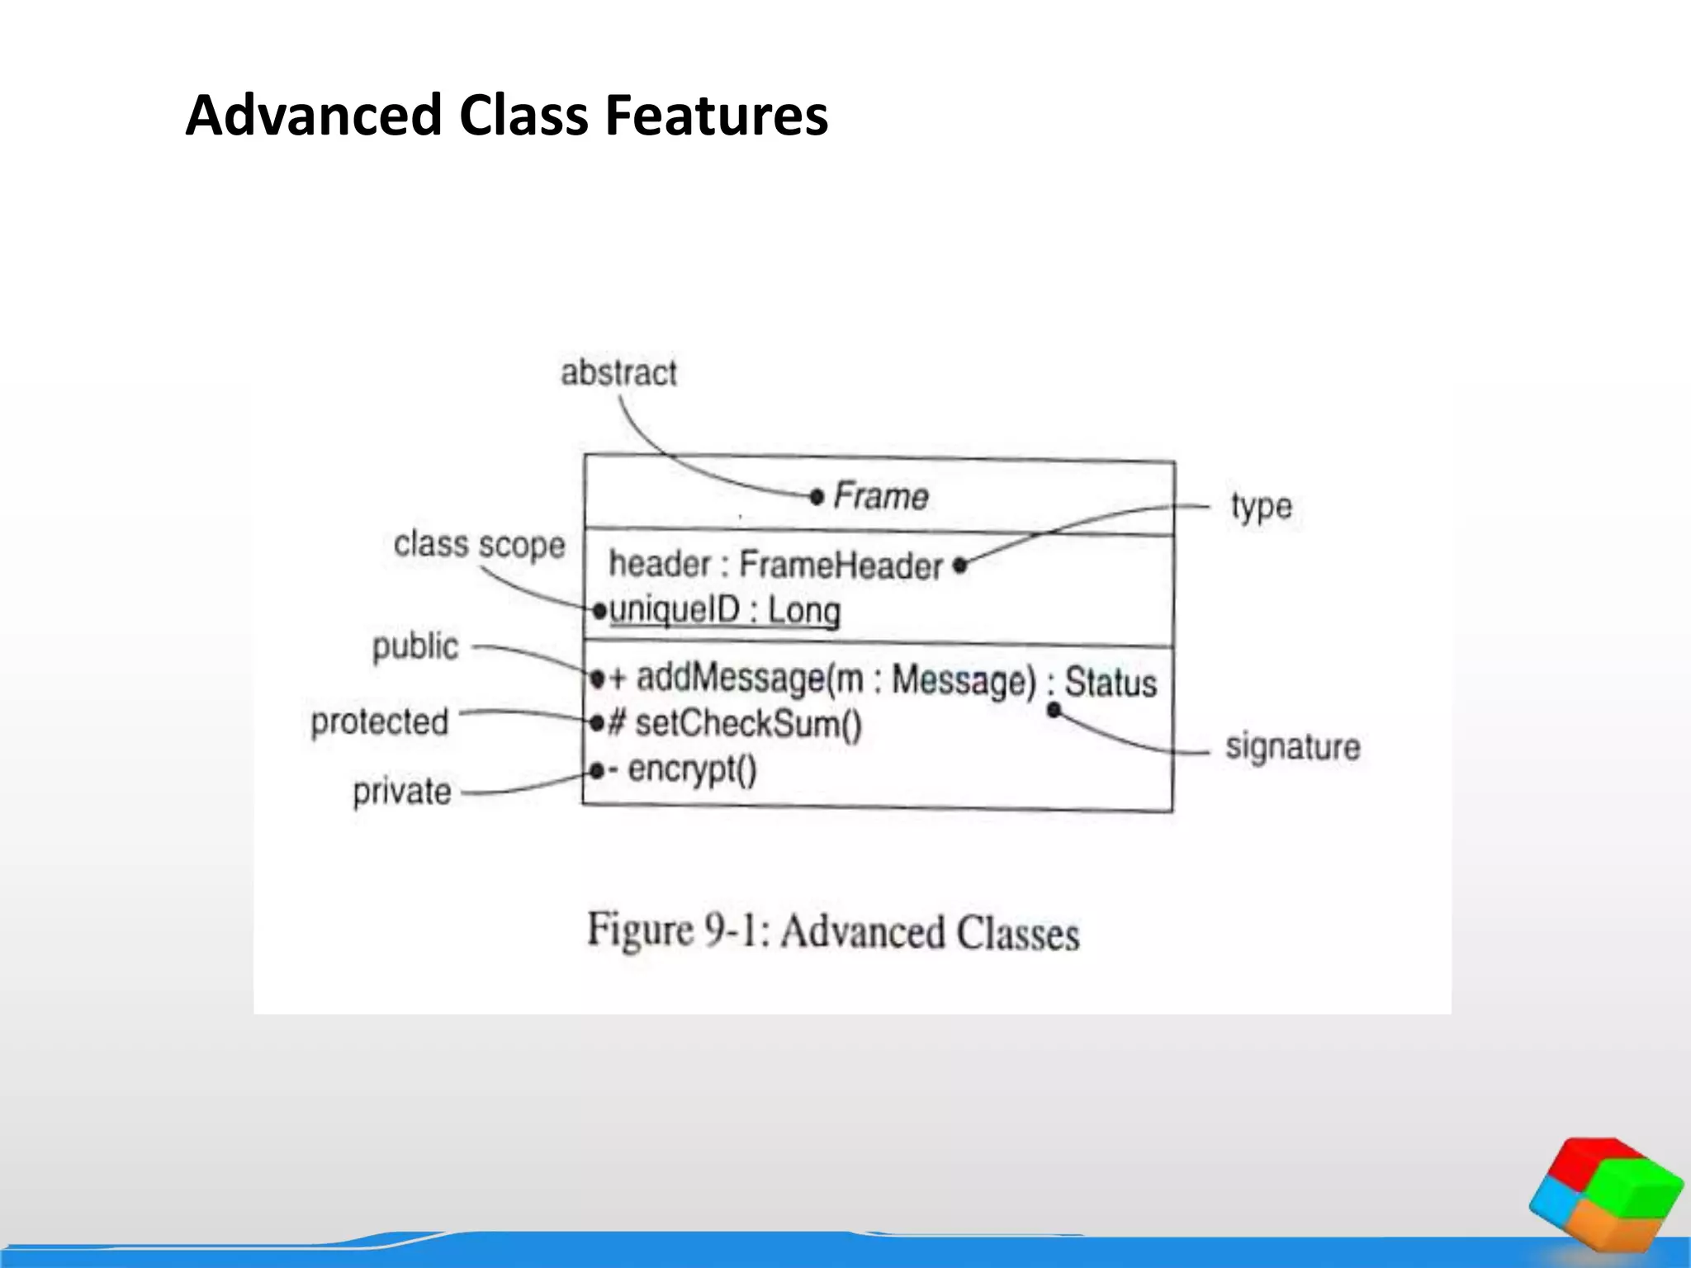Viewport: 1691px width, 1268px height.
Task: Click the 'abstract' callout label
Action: point(618,373)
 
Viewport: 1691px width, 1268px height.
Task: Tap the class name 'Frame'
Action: point(881,496)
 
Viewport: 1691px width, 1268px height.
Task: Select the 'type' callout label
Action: point(1261,507)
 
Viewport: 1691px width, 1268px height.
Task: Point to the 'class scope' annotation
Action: point(479,545)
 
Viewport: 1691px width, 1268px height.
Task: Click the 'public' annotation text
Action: point(415,646)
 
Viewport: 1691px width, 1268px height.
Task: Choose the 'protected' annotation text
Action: point(380,722)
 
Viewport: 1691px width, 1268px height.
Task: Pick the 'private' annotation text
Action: point(402,792)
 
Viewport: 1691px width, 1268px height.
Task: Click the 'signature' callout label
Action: point(1292,747)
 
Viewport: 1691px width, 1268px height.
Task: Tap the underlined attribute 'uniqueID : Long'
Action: point(725,611)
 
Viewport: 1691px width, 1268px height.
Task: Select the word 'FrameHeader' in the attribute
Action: point(841,565)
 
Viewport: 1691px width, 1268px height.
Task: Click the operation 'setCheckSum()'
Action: point(748,724)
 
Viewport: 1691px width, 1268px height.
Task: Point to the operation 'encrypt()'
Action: point(692,769)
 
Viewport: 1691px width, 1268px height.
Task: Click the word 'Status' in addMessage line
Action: point(1111,683)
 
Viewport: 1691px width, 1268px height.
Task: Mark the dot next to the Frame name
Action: point(817,496)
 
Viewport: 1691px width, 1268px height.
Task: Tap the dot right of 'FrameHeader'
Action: point(959,565)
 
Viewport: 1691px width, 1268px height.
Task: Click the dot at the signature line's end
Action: point(1054,709)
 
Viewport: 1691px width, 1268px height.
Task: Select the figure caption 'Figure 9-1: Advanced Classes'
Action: point(833,932)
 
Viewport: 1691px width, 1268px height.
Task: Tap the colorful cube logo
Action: point(1605,1194)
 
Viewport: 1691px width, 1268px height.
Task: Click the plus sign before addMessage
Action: point(618,679)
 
